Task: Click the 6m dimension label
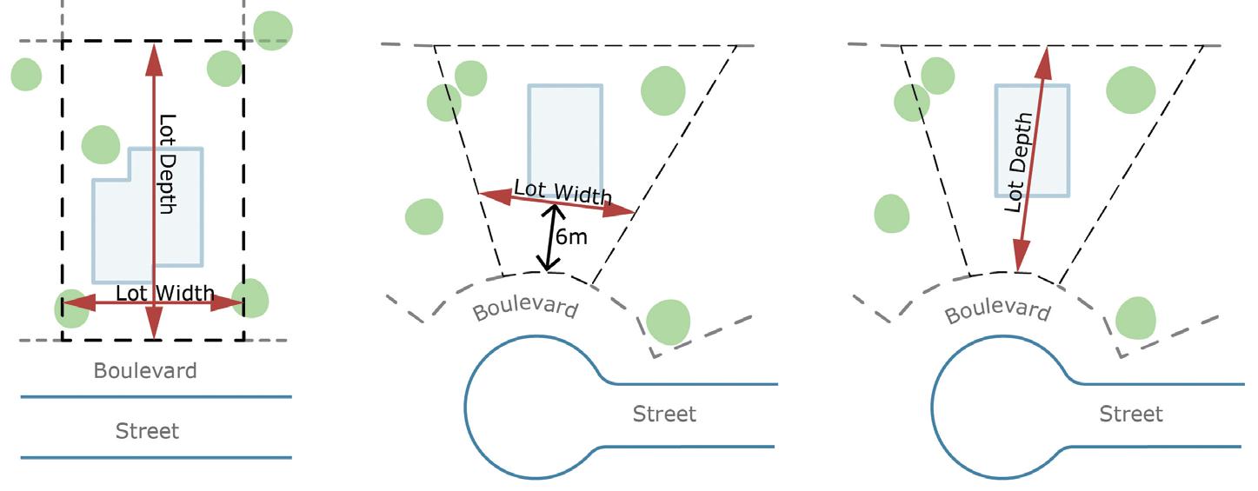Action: (571, 236)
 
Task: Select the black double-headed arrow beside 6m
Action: (549, 236)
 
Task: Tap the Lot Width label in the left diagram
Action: (164, 293)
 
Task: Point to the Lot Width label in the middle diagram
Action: (562, 192)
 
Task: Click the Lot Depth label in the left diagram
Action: (168, 164)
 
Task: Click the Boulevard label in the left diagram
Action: (145, 371)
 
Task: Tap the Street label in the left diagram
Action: (147, 430)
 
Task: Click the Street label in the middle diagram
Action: (664, 414)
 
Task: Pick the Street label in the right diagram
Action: (1130, 414)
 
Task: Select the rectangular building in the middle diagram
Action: (565, 130)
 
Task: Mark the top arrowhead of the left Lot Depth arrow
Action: (154, 54)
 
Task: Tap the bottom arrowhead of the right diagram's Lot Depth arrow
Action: (1018, 263)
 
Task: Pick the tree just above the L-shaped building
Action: (101, 144)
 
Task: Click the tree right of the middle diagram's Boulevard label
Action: (669, 321)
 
